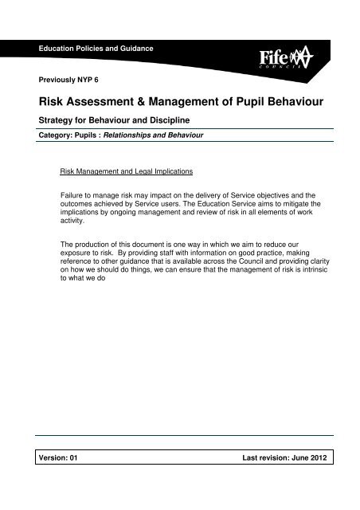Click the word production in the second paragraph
93,242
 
